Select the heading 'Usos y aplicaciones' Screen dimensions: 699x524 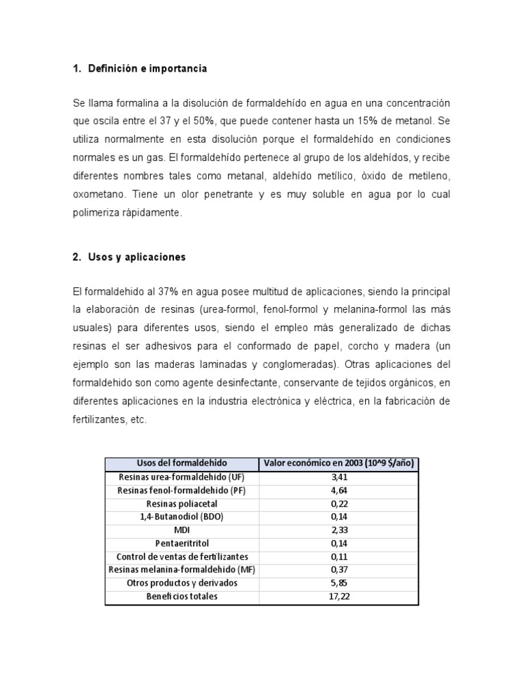(136, 257)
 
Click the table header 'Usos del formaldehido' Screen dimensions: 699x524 (182, 463)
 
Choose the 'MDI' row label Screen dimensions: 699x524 (182, 530)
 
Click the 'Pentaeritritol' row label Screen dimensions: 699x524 (182, 543)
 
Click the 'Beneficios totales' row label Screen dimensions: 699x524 (182, 597)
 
